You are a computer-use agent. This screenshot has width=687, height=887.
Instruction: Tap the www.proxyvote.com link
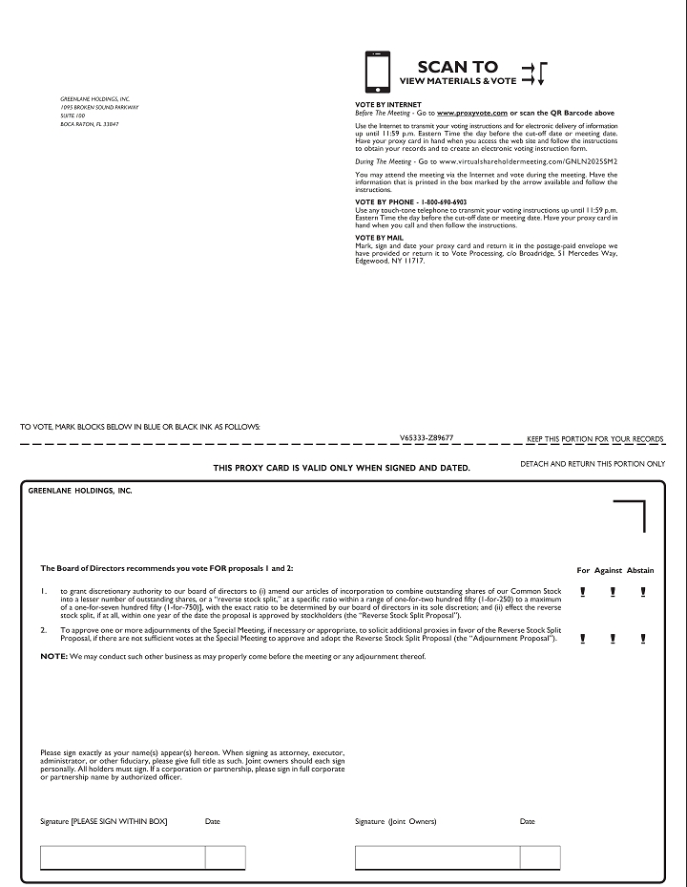pos(472,113)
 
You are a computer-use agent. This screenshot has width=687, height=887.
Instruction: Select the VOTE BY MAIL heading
pos(379,238)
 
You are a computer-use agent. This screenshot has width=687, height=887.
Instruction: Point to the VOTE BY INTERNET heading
pos(387,103)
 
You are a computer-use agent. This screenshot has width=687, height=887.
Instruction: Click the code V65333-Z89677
pos(427,437)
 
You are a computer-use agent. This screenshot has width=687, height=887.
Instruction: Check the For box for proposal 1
pos(583,592)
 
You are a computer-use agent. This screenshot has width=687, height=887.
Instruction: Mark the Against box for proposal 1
pos(612,592)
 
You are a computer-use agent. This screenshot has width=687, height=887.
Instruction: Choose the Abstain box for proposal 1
pos(643,592)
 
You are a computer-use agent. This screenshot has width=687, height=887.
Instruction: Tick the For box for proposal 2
pos(583,639)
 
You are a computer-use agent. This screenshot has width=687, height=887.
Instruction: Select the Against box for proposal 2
pos(612,639)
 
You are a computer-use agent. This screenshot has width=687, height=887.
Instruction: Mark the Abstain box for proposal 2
pos(643,639)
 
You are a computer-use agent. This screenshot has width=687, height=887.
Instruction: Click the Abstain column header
pos(640,570)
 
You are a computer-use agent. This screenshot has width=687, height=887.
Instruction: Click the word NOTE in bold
pos(53,657)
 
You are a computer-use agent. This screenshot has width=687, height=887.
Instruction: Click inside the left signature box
pos(122,857)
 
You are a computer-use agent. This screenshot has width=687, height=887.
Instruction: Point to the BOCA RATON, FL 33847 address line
pos(90,125)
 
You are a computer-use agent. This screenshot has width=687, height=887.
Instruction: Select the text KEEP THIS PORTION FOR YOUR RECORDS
pos(594,439)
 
